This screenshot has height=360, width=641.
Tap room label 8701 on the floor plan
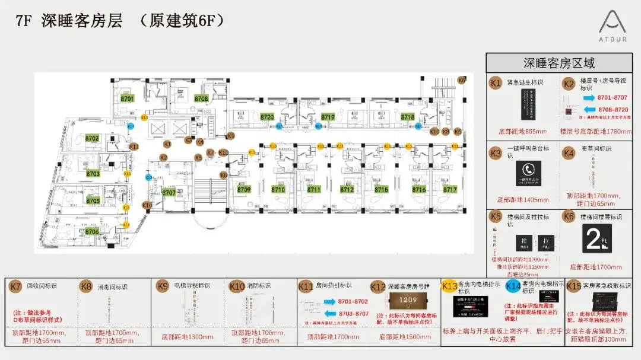[128, 98]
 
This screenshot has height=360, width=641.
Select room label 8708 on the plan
[201, 98]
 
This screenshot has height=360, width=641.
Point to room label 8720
[267, 117]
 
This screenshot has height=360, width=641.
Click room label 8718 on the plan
[407, 117]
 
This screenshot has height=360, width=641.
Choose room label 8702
[92, 138]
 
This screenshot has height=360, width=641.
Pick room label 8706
[92, 231]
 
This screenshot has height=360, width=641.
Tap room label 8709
[245, 190]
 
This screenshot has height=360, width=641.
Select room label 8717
[450, 190]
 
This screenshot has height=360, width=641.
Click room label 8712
[347, 190]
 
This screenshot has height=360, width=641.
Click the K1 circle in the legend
[496, 84]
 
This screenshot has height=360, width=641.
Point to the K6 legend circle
[569, 217]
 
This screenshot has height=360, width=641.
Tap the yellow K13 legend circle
[449, 286]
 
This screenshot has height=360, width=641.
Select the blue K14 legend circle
[513, 286]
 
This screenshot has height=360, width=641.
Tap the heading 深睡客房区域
[559, 63]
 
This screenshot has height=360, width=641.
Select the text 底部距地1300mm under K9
[187, 337]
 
